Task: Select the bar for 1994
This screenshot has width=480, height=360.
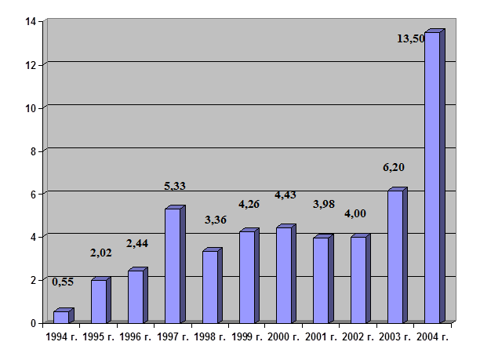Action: click(x=61, y=317)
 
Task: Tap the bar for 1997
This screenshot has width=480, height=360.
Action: click(x=173, y=266)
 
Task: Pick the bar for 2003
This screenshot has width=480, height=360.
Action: click(x=395, y=256)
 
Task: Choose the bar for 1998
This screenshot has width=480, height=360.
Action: click(x=209, y=287)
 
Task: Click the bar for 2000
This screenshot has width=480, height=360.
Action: click(x=284, y=275)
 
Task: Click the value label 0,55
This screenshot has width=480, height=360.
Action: click(x=64, y=282)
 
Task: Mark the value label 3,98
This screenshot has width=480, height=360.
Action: click(x=324, y=204)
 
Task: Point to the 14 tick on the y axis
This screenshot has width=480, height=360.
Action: click(x=31, y=21)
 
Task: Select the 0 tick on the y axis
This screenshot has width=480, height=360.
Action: click(x=34, y=323)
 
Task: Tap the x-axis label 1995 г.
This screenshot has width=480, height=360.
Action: click(x=99, y=337)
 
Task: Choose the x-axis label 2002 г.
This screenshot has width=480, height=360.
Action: click(x=358, y=337)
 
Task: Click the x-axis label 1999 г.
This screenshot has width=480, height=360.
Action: click(x=247, y=337)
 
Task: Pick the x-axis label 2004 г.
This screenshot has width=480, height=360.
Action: click(x=432, y=337)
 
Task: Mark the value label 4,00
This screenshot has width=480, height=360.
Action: click(x=356, y=213)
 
